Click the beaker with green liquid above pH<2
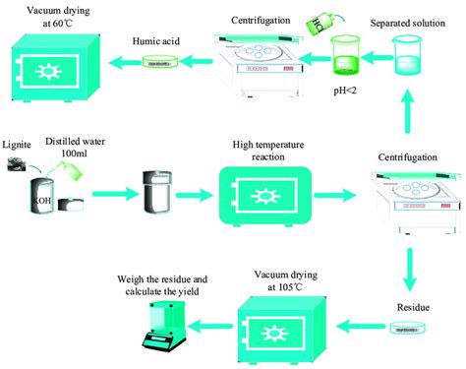pyautogui.click(x=347, y=57)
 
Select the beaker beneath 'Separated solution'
pyautogui.click(x=406, y=55)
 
